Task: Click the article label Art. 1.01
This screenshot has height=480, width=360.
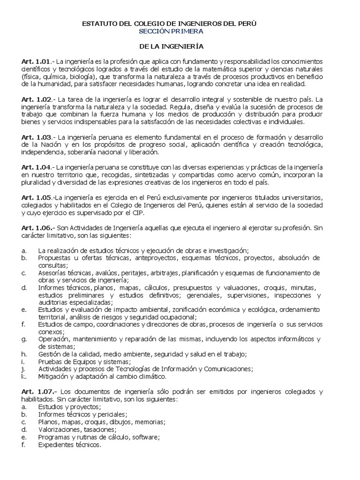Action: tap(35, 61)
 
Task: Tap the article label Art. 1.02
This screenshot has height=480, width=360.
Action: tap(35, 100)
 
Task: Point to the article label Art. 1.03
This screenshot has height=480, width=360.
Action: tap(35, 137)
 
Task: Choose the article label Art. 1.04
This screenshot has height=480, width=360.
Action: tap(35, 167)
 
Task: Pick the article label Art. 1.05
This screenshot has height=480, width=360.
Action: tap(35, 197)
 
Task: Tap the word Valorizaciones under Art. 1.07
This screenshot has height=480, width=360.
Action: tap(59, 429)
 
